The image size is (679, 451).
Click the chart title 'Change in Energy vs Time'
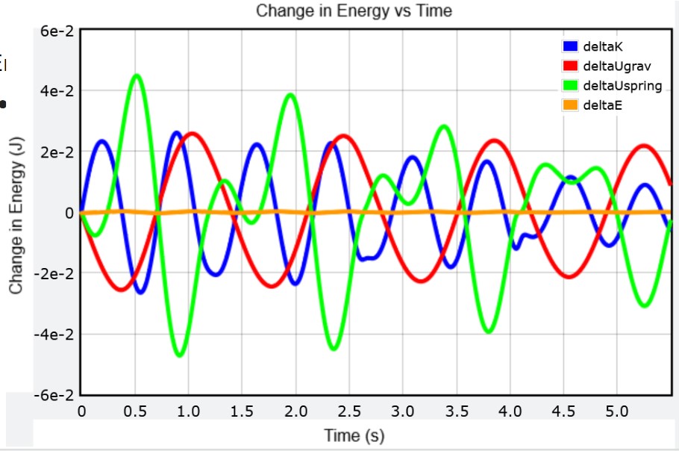pyautogui.click(x=354, y=10)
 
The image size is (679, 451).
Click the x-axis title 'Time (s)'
pyautogui.click(x=354, y=435)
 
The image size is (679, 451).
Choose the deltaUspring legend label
pyautogui.click(x=622, y=85)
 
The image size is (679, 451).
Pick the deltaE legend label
pyautogui.click(x=602, y=105)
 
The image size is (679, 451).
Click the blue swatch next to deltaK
pyautogui.click(x=571, y=46)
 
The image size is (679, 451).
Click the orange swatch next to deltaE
pyautogui.click(x=571, y=105)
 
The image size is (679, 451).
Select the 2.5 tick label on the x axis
pyautogui.click(x=350, y=410)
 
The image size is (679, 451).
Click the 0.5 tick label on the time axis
pyautogui.click(x=135, y=410)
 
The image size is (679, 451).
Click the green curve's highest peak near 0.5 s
pyautogui.click(x=136, y=75)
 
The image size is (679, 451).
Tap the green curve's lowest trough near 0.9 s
pyautogui.click(x=179, y=355)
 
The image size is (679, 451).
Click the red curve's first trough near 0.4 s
pyautogui.click(x=122, y=290)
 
